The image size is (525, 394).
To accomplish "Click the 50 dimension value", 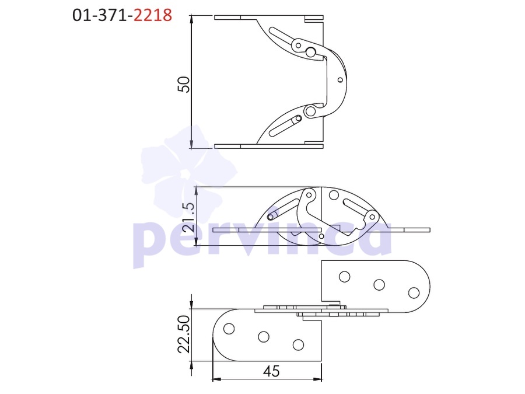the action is pyautogui.click(x=184, y=85).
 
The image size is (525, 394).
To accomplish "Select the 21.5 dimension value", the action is pyautogui.click(x=190, y=217).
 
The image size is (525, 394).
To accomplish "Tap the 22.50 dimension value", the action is pyautogui.click(x=184, y=334).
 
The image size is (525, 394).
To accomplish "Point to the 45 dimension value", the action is pyautogui.click(x=271, y=371).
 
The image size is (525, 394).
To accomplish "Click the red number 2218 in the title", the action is pyautogui.click(x=153, y=15).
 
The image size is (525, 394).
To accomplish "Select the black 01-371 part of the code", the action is pyautogui.click(x=100, y=15).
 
